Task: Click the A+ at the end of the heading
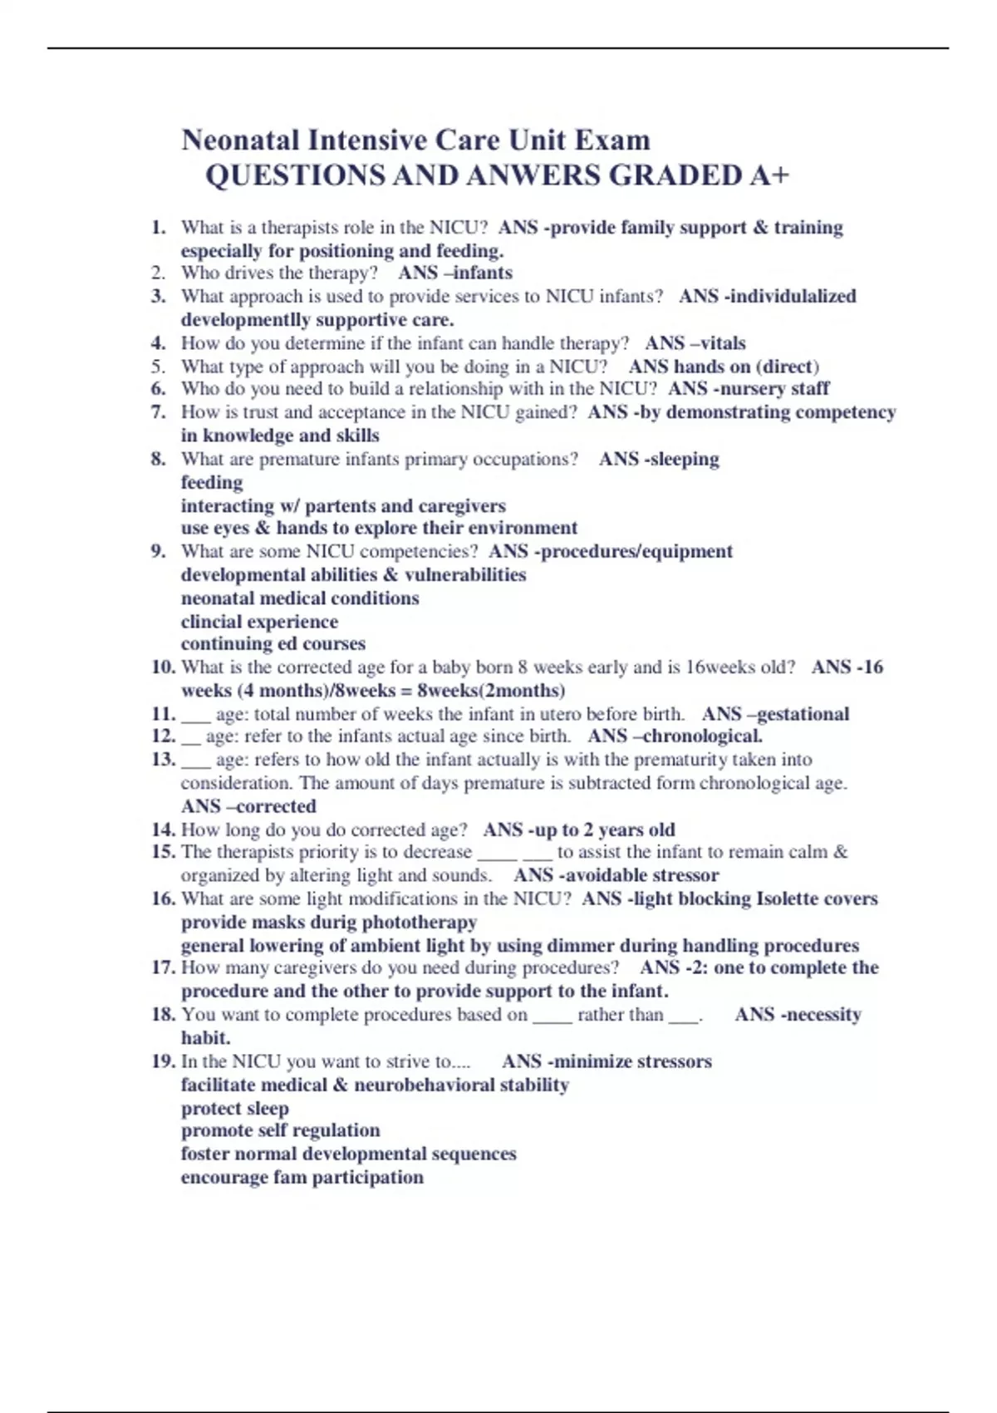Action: (x=769, y=175)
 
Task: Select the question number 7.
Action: (x=159, y=412)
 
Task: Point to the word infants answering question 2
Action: (x=483, y=273)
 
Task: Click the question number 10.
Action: (x=163, y=667)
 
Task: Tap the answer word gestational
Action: (x=803, y=714)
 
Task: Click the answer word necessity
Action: (x=823, y=1014)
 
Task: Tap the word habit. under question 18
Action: (x=206, y=1037)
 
